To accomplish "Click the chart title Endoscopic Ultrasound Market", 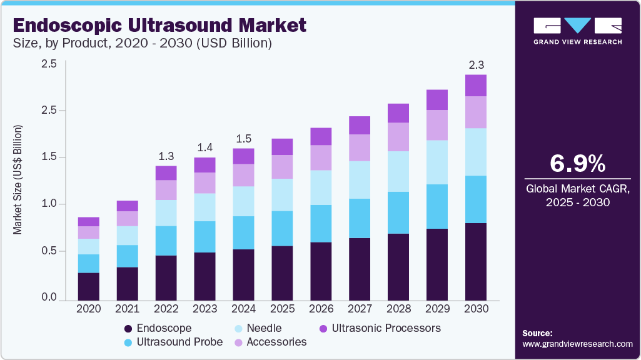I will [159, 25].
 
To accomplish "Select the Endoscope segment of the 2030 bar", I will [476, 261].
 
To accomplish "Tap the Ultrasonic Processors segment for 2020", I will [89, 221].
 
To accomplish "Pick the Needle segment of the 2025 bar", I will [283, 194].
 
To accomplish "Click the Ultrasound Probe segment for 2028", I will [398, 212].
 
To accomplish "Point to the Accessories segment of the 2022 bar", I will [166, 190].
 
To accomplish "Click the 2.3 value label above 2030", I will [476, 65].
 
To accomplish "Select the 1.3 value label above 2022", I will [166, 156].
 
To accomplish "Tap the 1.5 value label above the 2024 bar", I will [244, 138].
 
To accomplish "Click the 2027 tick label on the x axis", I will [360, 309].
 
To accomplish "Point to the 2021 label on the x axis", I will [127, 309].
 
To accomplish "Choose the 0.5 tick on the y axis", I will [49, 251].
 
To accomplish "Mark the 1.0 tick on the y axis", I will [49, 204].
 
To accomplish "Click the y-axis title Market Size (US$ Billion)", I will [18, 180].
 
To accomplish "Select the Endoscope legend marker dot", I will [128, 329].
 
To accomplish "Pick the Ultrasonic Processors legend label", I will [386, 328].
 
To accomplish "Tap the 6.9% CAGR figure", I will [577, 164].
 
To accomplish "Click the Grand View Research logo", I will [577, 31].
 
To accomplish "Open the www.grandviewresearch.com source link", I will [577, 344].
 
